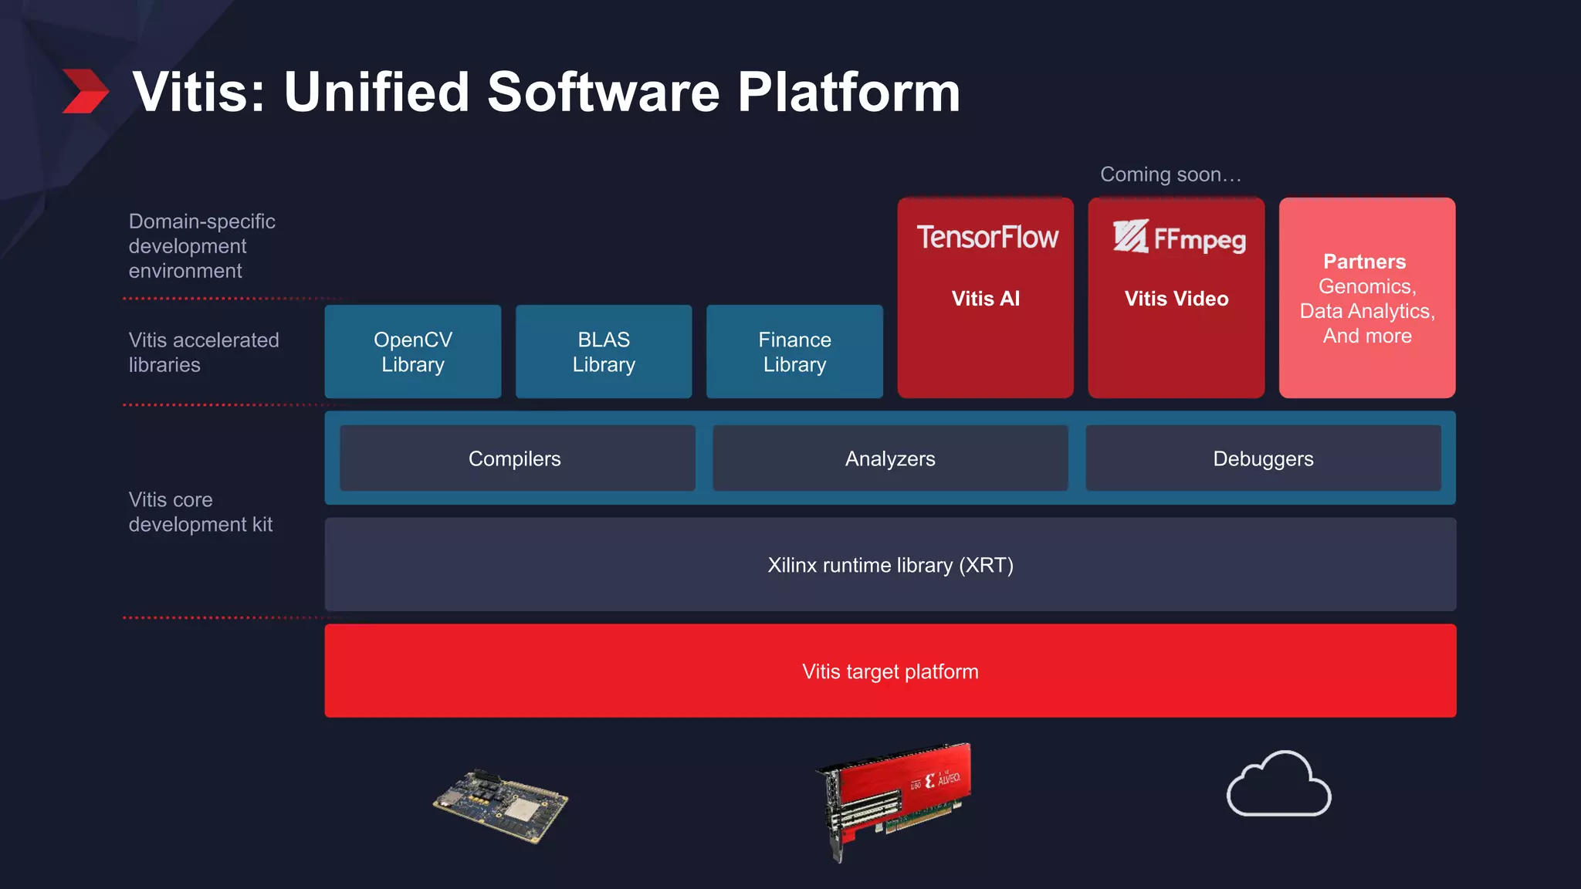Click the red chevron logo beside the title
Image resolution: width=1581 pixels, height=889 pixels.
(85, 91)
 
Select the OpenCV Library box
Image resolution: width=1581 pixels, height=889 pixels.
(412, 352)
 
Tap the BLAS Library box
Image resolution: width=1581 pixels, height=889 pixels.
(604, 352)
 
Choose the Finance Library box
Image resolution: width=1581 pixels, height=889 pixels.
(794, 352)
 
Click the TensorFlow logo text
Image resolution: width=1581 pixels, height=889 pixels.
(987, 237)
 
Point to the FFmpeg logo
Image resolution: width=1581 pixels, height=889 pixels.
(1179, 238)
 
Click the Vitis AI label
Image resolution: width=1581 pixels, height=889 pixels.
(986, 299)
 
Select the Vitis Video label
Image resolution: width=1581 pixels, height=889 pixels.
(1176, 299)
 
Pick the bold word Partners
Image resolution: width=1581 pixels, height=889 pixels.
(1365, 262)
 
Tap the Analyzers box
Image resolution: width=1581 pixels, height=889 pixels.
(890, 458)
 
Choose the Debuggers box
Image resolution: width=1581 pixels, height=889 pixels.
(1263, 458)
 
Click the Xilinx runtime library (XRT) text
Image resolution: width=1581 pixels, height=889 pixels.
(890, 565)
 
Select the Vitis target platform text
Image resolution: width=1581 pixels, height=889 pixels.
(890, 671)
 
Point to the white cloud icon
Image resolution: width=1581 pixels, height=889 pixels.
(1278, 785)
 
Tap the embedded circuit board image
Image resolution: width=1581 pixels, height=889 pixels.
(500, 806)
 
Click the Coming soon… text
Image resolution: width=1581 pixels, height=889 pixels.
(1170, 174)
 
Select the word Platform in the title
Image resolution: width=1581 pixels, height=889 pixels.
(848, 92)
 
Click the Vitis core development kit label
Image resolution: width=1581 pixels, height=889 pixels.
(201, 512)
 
